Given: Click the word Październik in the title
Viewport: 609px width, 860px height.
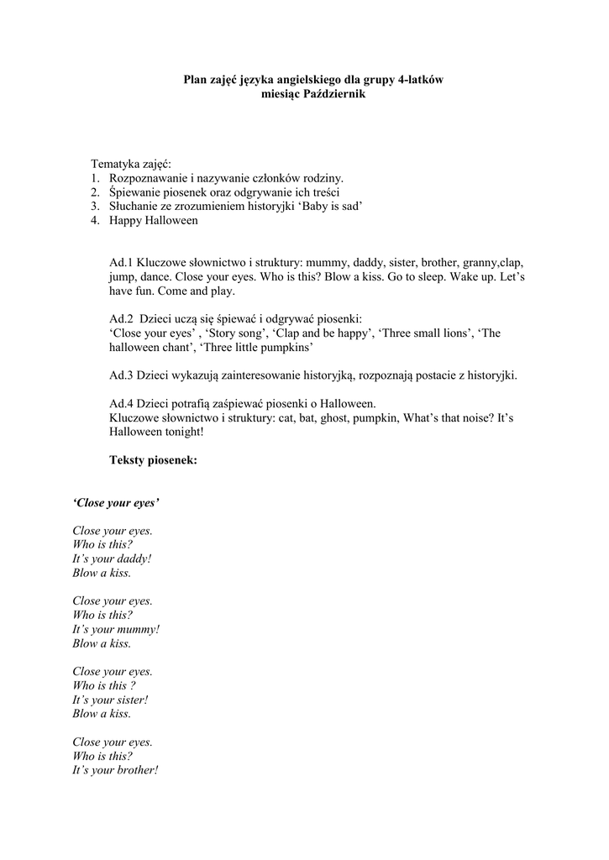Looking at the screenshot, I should tap(333, 95).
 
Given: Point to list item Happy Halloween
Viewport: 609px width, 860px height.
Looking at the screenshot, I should tap(153, 220).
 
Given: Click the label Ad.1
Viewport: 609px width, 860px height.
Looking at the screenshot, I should tap(122, 262).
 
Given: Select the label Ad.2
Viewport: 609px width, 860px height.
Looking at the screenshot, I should tap(122, 318).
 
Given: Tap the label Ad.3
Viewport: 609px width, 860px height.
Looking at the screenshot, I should tap(122, 375).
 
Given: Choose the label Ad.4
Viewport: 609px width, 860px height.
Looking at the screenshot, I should tap(122, 403).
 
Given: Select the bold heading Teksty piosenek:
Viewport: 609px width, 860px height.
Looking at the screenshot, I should tap(154, 459).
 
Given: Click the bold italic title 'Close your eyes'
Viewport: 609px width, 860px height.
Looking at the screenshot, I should tap(116, 502).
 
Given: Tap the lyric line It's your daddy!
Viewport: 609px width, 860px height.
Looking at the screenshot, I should tap(112, 558).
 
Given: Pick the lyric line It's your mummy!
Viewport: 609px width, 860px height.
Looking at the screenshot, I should tap(116, 629).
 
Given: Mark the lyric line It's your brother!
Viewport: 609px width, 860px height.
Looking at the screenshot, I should tap(115, 770).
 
